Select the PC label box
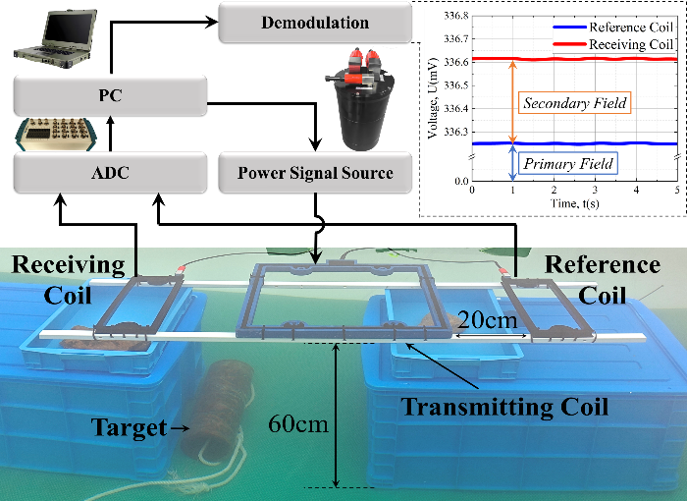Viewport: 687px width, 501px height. click(x=110, y=97)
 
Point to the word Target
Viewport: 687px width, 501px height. click(x=127, y=427)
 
